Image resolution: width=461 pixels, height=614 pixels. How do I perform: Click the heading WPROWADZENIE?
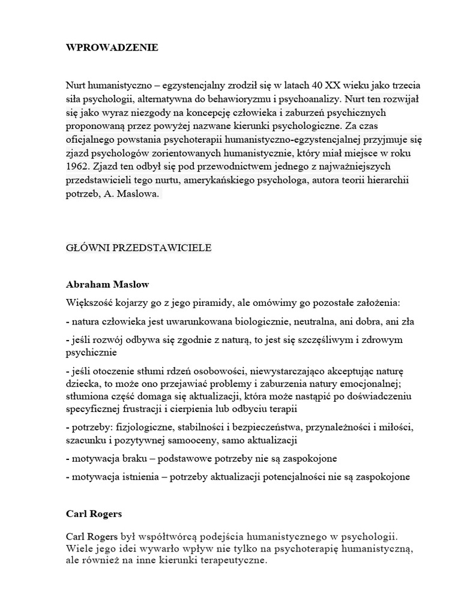pyautogui.click(x=112, y=48)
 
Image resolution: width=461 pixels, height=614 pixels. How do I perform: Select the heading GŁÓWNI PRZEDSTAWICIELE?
pyautogui.click(x=138, y=249)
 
